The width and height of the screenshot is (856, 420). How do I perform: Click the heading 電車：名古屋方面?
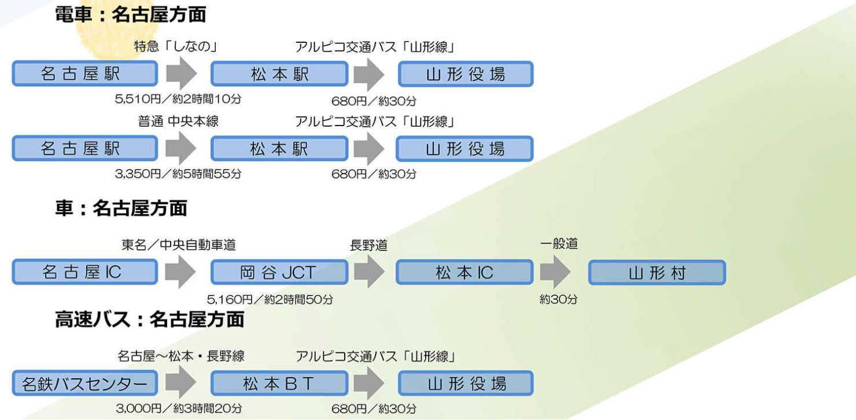(130, 14)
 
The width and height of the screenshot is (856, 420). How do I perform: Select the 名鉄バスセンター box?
(84, 384)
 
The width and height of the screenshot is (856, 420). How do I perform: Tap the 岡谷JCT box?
(279, 272)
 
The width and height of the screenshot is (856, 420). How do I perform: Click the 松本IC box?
(464, 272)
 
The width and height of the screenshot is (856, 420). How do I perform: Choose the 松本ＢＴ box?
(279, 384)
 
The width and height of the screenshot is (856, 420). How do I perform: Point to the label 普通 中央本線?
(178, 121)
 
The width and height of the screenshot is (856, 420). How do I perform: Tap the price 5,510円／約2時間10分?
(178, 99)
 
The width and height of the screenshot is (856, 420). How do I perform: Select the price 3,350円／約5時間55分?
(178, 174)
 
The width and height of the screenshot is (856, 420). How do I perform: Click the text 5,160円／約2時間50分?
(270, 300)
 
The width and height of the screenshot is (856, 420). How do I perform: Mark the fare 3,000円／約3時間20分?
(179, 408)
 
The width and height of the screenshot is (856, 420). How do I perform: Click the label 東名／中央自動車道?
(179, 245)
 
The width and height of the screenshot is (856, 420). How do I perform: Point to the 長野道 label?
(368, 245)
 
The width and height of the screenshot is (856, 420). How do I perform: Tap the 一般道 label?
(559, 244)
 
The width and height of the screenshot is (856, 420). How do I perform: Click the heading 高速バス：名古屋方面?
(149, 319)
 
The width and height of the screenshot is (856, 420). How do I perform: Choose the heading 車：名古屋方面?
(121, 208)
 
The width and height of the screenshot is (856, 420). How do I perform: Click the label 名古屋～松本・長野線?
(180, 356)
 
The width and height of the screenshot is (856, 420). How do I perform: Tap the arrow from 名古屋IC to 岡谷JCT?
(180, 272)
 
